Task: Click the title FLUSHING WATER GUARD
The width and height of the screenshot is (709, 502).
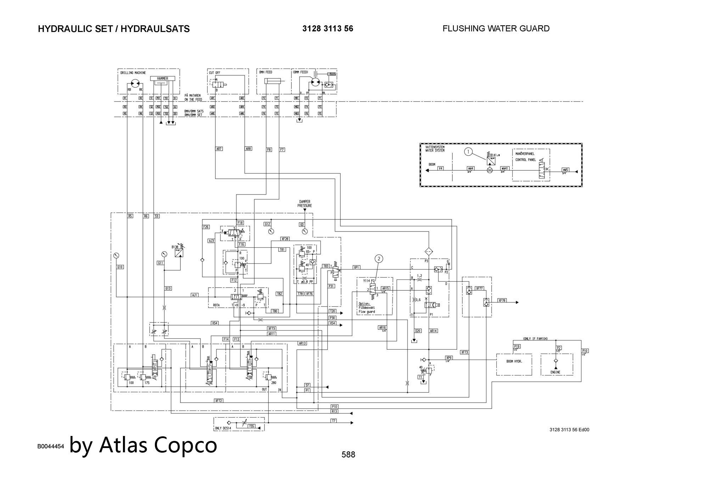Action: [x=496, y=28]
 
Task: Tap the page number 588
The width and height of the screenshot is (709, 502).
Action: [x=348, y=454]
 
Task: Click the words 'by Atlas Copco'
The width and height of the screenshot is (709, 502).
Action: [x=143, y=444]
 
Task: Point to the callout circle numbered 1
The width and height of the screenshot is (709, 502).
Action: [x=468, y=152]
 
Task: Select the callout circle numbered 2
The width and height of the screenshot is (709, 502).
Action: [x=379, y=258]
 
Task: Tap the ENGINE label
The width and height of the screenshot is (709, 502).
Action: [x=555, y=372]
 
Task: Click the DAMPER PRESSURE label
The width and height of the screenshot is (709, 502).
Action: [x=305, y=204]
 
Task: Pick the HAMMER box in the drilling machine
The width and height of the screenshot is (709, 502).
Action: [x=163, y=78]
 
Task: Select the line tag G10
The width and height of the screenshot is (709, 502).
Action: [x=120, y=267]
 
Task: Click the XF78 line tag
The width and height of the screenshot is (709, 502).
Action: [x=502, y=300]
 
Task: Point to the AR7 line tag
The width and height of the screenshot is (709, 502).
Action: [x=219, y=149]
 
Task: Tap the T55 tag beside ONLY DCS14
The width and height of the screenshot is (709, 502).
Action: [x=251, y=426]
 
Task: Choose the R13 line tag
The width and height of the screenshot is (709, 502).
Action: [x=334, y=411]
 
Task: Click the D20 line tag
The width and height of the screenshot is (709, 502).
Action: [x=418, y=331]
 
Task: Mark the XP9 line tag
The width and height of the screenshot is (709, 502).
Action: [x=449, y=358]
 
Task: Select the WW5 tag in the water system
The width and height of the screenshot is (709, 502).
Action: [x=565, y=170]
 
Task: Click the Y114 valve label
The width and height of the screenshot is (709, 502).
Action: [x=366, y=281]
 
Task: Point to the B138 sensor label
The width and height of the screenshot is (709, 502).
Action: [x=175, y=247]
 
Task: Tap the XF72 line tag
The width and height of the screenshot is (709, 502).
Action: [x=219, y=401]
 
